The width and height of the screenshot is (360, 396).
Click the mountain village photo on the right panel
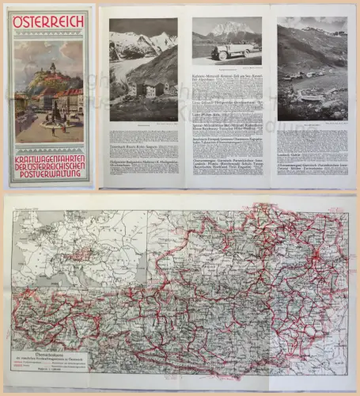[x=312, y=69]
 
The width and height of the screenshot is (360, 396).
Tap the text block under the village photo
[x=312, y=154]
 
